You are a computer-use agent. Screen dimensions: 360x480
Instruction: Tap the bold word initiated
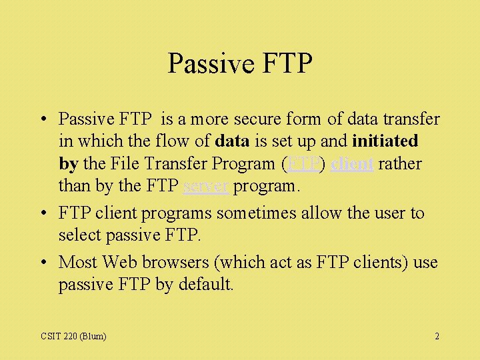point(385,141)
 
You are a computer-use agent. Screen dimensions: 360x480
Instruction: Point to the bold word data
point(233,141)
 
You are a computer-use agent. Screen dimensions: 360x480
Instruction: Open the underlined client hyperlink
point(351,164)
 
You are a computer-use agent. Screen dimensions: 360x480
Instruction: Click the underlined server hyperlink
point(207,186)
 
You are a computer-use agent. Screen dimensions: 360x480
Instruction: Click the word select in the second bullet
point(80,235)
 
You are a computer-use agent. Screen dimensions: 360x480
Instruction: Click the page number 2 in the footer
point(437,336)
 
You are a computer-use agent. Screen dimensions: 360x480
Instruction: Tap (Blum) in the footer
point(92,336)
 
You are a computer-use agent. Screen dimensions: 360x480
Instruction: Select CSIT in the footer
point(49,336)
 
